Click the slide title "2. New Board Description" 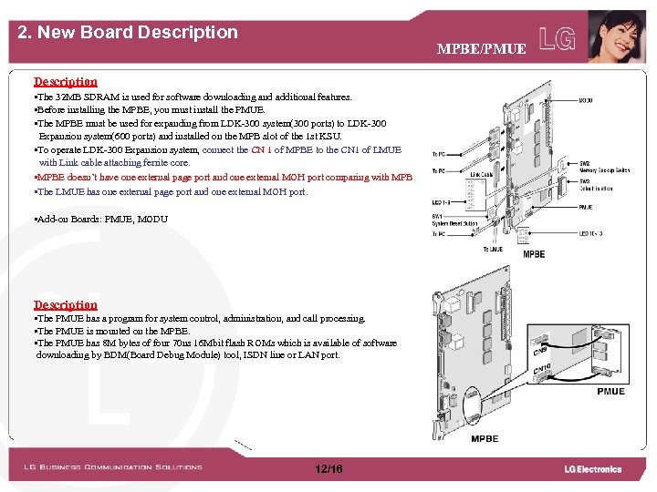click(x=128, y=33)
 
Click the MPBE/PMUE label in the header click(x=481, y=48)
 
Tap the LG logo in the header click(x=558, y=38)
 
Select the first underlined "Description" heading click(x=66, y=82)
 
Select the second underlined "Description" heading click(x=66, y=305)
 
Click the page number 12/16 click(x=328, y=469)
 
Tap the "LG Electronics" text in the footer click(x=592, y=469)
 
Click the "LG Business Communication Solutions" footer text click(x=113, y=467)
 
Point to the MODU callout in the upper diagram click(x=586, y=100)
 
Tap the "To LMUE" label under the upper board click(x=492, y=249)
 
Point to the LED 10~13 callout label click(x=596, y=234)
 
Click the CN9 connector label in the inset click(x=541, y=350)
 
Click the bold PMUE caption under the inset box click(x=610, y=392)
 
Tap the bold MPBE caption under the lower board click(x=485, y=439)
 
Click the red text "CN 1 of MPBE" click(x=279, y=150)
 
